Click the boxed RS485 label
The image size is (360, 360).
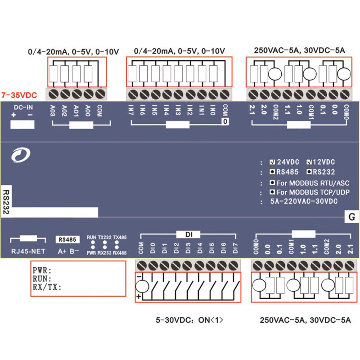click(67, 240)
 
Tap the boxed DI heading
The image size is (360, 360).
click(189, 234)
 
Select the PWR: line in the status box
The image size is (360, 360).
click(43, 271)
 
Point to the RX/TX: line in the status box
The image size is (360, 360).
click(47, 287)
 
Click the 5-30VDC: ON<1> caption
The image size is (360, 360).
click(189, 321)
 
